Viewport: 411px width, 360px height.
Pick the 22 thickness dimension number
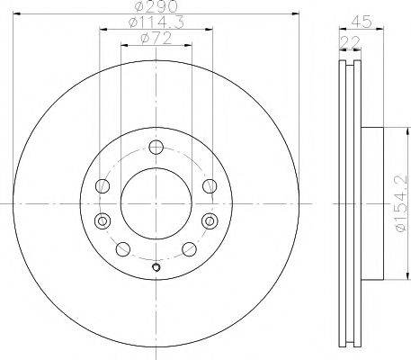pos(346,40)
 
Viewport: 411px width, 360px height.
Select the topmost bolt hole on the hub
pos(156,148)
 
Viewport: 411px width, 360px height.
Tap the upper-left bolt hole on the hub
pos(103,186)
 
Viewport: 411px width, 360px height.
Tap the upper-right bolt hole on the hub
pos(209,186)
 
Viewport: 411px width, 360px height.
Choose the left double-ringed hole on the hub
pos(102,220)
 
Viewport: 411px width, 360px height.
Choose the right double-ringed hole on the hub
pos(210,220)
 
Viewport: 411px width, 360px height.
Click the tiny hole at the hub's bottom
pos(156,266)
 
